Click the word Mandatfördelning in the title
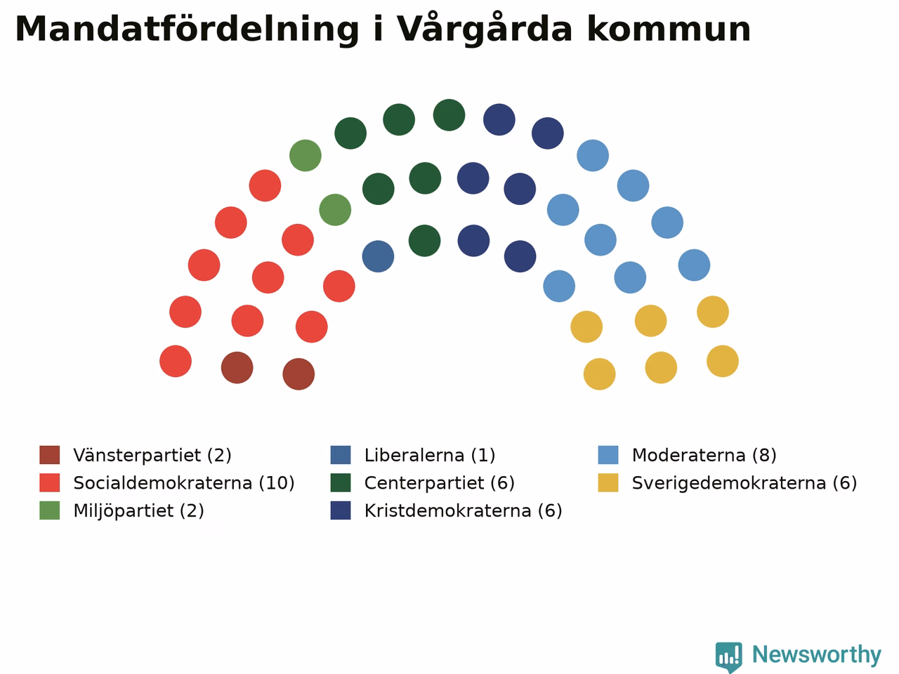[x=187, y=29]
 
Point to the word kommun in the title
[x=669, y=29]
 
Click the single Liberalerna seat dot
[x=378, y=256]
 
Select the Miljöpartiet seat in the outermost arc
[x=305, y=155]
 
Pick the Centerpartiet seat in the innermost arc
[x=424, y=241]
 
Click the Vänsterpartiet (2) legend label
[x=152, y=455]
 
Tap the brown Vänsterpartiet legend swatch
[x=50, y=455]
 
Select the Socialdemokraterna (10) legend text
[x=184, y=483]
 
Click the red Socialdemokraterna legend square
[x=50, y=483]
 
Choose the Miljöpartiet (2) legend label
[x=138, y=510]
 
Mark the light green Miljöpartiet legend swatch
[x=50, y=510]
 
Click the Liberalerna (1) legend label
[x=430, y=455]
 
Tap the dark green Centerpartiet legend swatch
[x=341, y=483]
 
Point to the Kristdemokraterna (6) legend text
[x=464, y=510]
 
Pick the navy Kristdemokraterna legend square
[x=341, y=510]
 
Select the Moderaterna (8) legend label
[x=704, y=455]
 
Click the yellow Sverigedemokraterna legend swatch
[x=608, y=483]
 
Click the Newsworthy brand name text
[x=817, y=655]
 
